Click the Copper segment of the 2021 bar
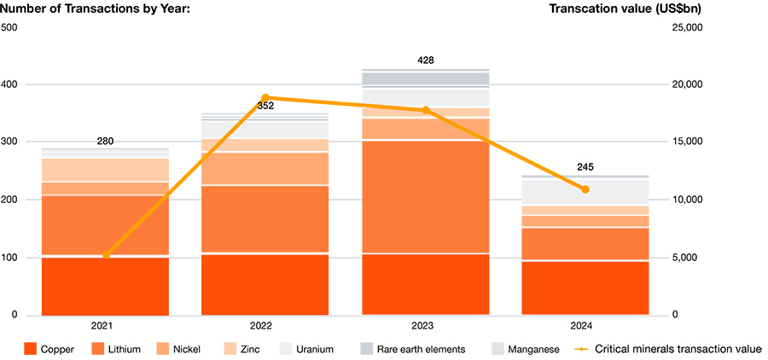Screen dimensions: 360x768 (x=105, y=286)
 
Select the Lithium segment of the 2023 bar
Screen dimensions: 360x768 (x=425, y=197)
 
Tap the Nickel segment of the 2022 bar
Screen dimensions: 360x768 (x=265, y=169)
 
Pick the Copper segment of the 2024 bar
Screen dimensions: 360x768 (x=585, y=287)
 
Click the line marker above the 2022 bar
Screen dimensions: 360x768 (x=265, y=98)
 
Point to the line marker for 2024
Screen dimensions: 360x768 (x=585, y=189)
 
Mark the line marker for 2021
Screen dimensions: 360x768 (x=105, y=255)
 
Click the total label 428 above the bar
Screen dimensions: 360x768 (x=425, y=61)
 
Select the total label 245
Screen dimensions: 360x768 (x=585, y=167)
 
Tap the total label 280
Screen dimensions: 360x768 (x=105, y=142)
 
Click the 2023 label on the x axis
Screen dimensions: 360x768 (x=425, y=326)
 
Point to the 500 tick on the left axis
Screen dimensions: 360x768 (x=9, y=27)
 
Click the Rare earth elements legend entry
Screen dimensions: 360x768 (x=412, y=349)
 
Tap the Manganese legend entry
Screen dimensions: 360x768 (x=528, y=349)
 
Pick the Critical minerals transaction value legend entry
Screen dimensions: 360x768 (x=666, y=349)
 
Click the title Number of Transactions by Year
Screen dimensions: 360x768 (x=96, y=9)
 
